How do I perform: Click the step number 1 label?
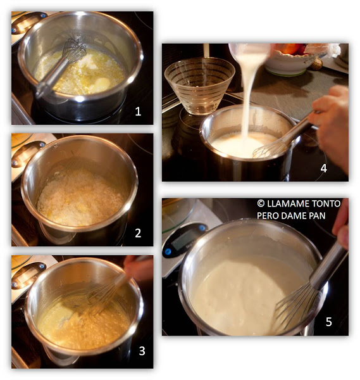(x=138, y=111)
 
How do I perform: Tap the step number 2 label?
(x=138, y=233)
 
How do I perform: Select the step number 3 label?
(x=142, y=351)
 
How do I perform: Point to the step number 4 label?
(x=324, y=168)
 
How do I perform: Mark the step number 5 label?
(x=328, y=322)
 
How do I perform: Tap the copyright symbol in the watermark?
(x=261, y=203)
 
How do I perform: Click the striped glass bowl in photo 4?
(x=199, y=85)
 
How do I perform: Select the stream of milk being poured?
(x=247, y=97)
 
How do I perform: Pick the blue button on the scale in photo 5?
(x=202, y=227)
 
